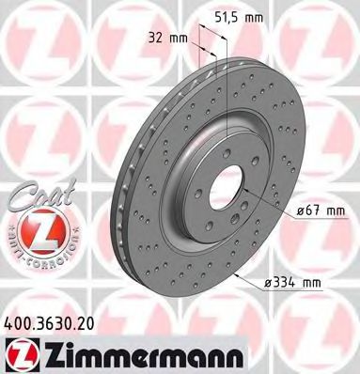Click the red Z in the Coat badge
(x=36, y=230)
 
